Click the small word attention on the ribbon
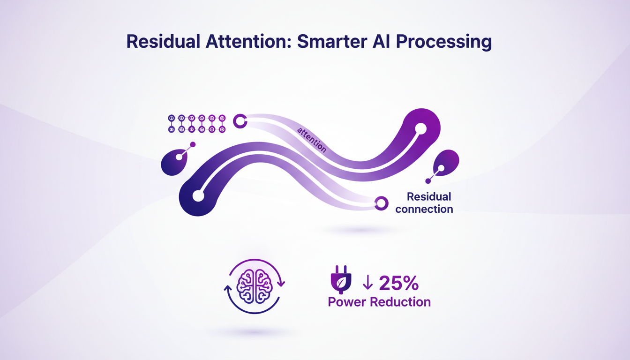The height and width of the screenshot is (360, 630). [312, 138]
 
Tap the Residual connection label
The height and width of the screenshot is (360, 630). [424, 202]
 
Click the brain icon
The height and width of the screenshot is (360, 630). [255, 286]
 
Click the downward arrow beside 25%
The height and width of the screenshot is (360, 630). [367, 284]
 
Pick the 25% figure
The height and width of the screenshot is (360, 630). [398, 284]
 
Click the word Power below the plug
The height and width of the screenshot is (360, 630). [347, 302]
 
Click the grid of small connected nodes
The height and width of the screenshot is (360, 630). [196, 123]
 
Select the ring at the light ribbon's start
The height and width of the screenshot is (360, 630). [240, 121]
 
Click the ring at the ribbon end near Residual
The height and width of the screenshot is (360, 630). [382, 203]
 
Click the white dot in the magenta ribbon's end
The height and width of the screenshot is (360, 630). [420, 128]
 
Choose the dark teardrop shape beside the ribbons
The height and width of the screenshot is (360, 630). [174, 163]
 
